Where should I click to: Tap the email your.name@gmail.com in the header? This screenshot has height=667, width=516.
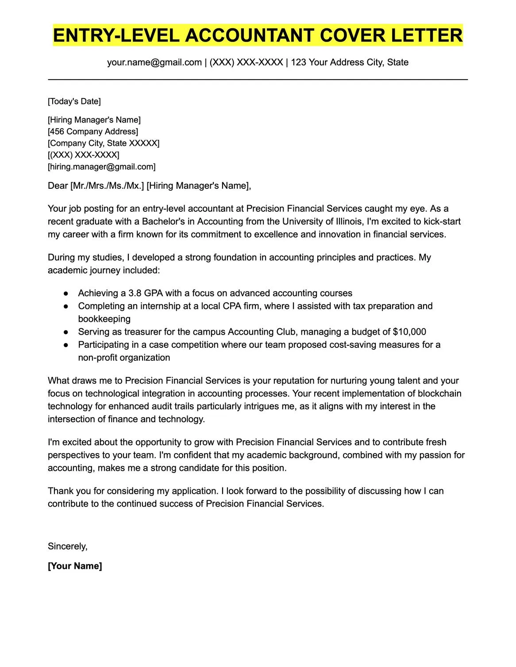pyautogui.click(x=154, y=62)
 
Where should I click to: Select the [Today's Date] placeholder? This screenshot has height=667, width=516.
pyautogui.click(x=74, y=102)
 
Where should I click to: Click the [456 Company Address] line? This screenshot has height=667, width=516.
pyautogui.click(x=93, y=132)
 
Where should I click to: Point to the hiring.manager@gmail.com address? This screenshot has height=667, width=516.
pyautogui.click(x=102, y=167)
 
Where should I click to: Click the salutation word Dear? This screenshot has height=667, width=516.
pyautogui.click(x=58, y=186)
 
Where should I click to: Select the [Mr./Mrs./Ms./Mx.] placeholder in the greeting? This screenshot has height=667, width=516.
pyautogui.click(x=107, y=186)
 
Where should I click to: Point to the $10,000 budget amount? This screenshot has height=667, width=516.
pyautogui.click(x=409, y=332)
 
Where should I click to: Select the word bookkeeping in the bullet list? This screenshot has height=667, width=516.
pyautogui.click(x=104, y=319)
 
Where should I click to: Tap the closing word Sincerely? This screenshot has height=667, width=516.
pyautogui.click(x=67, y=547)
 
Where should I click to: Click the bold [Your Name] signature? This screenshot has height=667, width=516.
pyautogui.click(x=75, y=566)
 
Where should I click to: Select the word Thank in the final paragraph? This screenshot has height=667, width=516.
pyautogui.click(x=61, y=491)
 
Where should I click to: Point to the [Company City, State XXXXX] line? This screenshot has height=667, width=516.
pyautogui.click(x=104, y=144)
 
